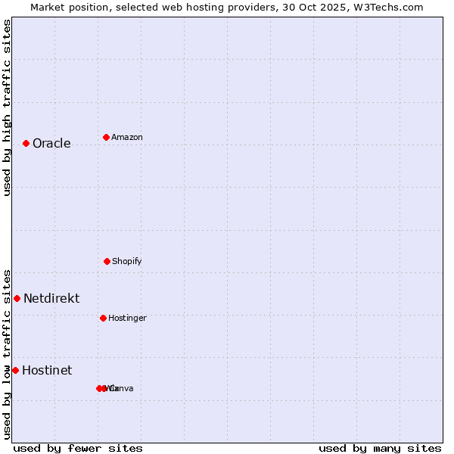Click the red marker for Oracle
click(26, 143)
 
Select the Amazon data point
click(106, 137)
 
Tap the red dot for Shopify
click(107, 261)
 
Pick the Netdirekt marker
click(17, 298)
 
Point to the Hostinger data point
click(103, 318)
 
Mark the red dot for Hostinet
click(15, 370)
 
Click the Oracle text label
click(51, 144)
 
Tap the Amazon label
click(126, 138)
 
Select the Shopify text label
click(126, 262)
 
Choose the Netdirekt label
click(51, 299)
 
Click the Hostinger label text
click(127, 319)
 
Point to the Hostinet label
click(47, 371)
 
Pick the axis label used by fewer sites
click(78, 448)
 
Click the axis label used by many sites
click(380, 448)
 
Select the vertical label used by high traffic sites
click(7, 107)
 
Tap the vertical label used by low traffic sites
click(7, 353)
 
